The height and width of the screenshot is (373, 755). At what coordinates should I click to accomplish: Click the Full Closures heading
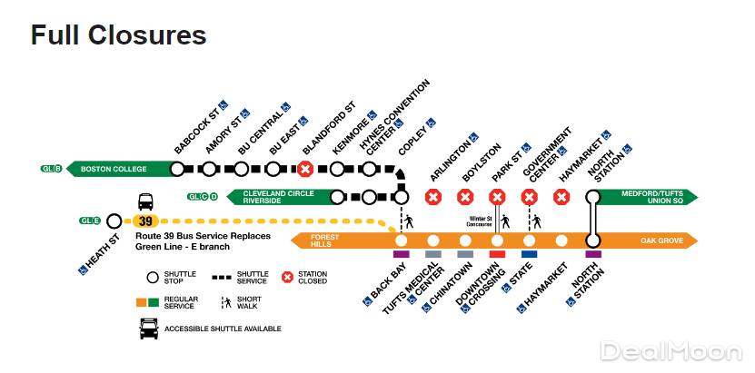tap(119, 35)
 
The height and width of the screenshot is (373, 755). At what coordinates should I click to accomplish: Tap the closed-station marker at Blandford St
tap(306, 169)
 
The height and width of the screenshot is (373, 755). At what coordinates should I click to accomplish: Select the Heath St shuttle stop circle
tap(114, 221)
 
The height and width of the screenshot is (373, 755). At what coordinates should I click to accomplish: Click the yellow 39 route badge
tap(145, 221)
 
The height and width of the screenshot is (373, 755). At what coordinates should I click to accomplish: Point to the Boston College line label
tap(114, 169)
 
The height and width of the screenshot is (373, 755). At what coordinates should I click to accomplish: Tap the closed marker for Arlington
tap(433, 196)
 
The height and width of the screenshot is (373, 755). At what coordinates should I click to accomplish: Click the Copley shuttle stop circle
tap(402, 196)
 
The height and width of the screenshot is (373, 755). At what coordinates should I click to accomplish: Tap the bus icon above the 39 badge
tap(145, 201)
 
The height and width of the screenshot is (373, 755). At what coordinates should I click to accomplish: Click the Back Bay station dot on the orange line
tap(402, 240)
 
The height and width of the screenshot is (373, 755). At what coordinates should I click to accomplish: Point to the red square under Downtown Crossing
tap(497, 255)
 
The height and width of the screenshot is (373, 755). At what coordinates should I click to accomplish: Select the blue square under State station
tap(529, 255)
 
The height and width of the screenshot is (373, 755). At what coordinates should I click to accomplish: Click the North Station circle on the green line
tap(593, 196)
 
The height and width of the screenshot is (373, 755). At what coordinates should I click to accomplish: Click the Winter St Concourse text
tap(481, 221)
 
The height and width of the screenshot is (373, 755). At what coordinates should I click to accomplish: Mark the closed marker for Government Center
tap(529, 196)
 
